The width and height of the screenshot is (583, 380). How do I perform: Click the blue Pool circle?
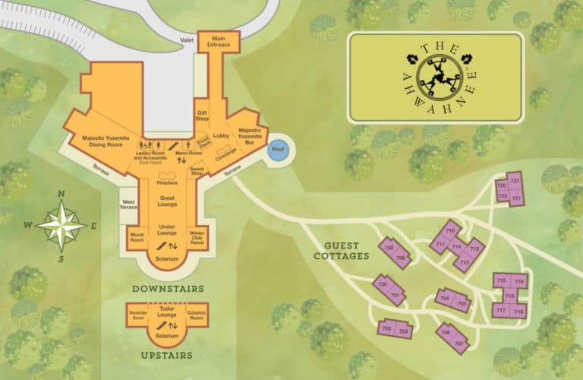tap(277, 150)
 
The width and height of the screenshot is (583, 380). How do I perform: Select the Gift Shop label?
tap(203, 115)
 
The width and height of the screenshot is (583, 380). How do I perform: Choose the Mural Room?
tap(137, 237)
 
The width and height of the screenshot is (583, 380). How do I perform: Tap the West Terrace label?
tap(128, 203)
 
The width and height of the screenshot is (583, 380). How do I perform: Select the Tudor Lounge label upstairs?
tap(167, 309)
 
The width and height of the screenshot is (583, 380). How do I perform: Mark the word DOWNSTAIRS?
tap(169, 289)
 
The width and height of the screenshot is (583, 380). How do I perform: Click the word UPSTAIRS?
tap(166, 354)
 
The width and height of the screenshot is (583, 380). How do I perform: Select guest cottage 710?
tap(450, 230)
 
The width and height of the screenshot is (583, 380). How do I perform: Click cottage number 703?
tap(404, 331)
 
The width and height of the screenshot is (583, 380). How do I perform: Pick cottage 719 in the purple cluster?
tap(510, 296)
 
